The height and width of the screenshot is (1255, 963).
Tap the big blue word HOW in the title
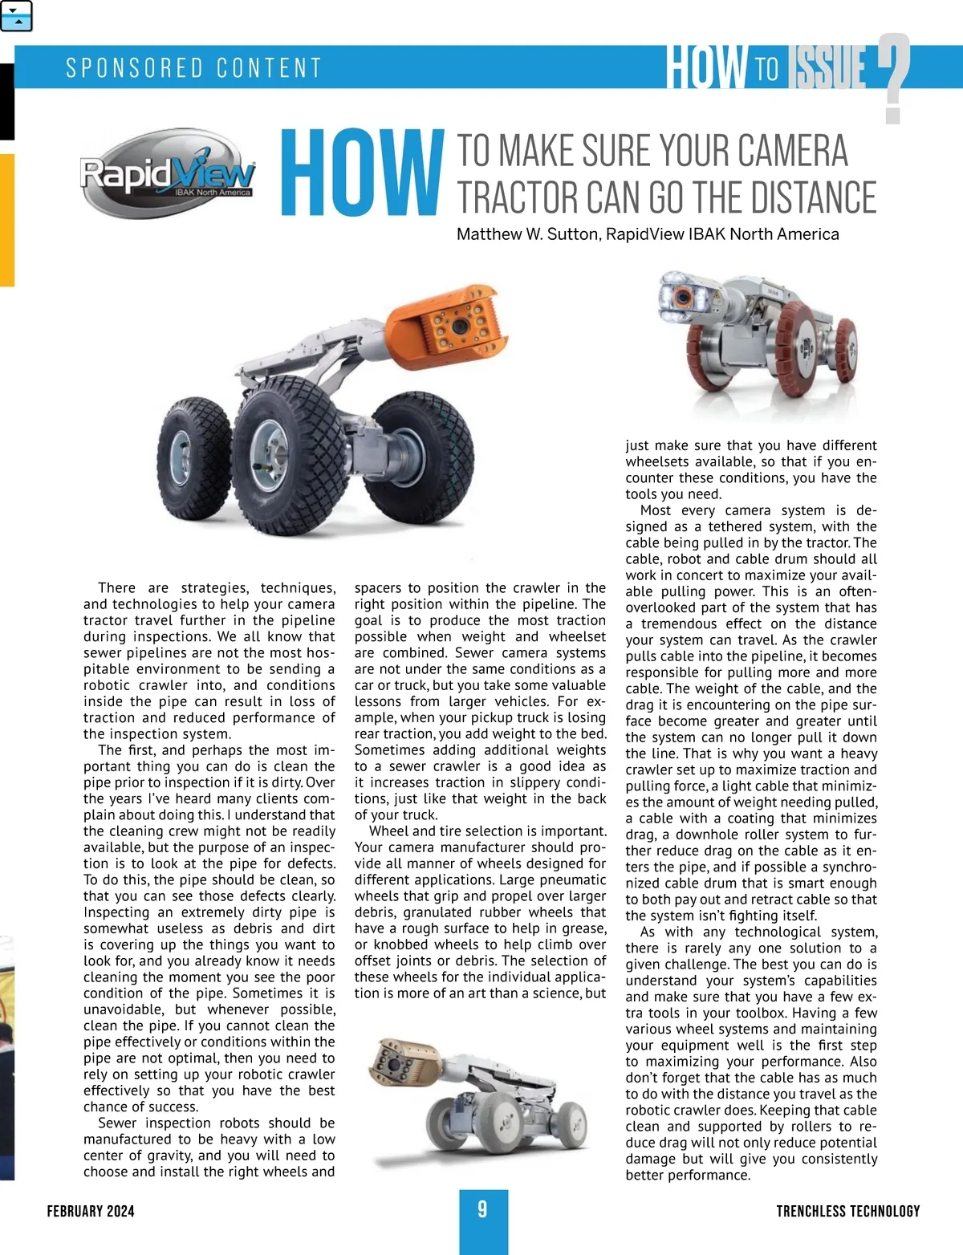pyautogui.click(x=363, y=173)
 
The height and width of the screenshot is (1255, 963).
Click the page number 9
pyautogui.click(x=482, y=1209)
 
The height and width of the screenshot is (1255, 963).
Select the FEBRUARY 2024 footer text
pyautogui.click(x=91, y=1211)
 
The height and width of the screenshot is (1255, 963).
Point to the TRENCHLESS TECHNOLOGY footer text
pyautogui.click(x=847, y=1211)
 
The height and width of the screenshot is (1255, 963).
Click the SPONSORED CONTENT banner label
pyautogui.click(x=193, y=67)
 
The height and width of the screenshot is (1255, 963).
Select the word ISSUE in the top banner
pyautogui.click(x=829, y=67)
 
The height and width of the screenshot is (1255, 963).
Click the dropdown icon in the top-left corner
pyautogui.click(x=17, y=16)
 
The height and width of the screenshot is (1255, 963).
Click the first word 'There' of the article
pyautogui.click(x=116, y=588)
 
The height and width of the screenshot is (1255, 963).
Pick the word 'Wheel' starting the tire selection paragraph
pyautogui.click(x=388, y=831)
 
